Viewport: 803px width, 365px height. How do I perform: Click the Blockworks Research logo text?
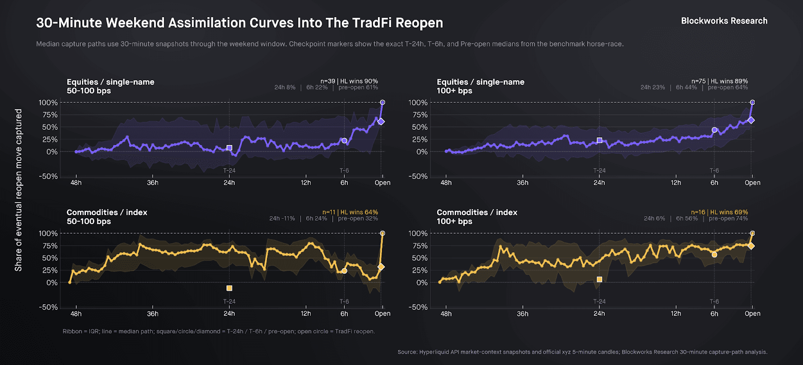[x=724, y=21]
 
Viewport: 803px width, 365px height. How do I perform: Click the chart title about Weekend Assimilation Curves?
[x=239, y=23]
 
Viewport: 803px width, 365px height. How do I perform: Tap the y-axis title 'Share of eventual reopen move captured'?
[x=19, y=190]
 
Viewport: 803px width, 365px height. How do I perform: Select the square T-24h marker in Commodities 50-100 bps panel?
[x=229, y=288]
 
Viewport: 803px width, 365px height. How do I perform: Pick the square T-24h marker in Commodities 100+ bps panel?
[x=599, y=279]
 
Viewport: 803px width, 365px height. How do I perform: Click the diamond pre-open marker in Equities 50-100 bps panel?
[x=381, y=121]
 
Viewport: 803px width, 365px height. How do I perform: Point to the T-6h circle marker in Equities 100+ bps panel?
[x=715, y=130]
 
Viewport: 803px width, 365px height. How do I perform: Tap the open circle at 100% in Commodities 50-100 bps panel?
[x=382, y=233]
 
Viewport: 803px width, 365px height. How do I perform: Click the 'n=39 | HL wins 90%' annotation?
[x=349, y=81]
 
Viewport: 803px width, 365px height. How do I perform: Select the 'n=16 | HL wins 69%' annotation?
[x=719, y=212]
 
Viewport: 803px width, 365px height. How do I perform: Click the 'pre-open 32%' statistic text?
[x=358, y=219]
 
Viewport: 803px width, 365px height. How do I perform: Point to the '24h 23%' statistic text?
[x=652, y=87]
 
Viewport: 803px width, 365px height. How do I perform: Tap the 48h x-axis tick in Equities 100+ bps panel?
[x=446, y=183]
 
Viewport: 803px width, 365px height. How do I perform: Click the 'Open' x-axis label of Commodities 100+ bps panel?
[x=752, y=314]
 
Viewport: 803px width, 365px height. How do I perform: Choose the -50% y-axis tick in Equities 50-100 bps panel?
[x=49, y=176]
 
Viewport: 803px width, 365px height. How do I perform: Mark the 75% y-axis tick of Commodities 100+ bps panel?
[x=418, y=246]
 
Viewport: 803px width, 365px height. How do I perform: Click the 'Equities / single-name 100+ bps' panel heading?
[x=480, y=86]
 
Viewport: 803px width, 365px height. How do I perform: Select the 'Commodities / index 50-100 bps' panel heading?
[x=107, y=217]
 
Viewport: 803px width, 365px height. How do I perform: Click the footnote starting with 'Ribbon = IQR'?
[x=219, y=331]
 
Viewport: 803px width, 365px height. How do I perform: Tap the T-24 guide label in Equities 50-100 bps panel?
[x=229, y=171]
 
